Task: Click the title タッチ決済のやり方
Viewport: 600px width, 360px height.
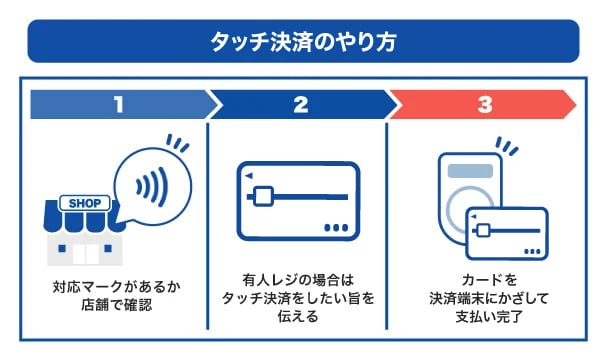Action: pyautogui.click(x=303, y=41)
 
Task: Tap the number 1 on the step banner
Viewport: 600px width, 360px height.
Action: pyautogui.click(x=119, y=104)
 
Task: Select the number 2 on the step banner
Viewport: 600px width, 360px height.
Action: pyautogui.click(x=301, y=104)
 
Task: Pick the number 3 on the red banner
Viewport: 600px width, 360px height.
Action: pyautogui.click(x=485, y=104)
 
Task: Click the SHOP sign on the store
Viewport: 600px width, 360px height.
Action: pyautogui.click(x=85, y=203)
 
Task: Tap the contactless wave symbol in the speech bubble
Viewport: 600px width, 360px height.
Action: pyautogui.click(x=152, y=187)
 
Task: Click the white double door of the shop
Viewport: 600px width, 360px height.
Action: pyautogui.click(x=86, y=254)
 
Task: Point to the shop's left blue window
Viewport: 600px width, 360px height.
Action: pyautogui.click(x=62, y=249)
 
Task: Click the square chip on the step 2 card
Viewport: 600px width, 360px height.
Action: pyautogui.click(x=263, y=197)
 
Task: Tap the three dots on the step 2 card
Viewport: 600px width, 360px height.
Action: pyautogui.click(x=336, y=228)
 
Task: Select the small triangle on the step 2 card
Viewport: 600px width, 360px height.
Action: pyautogui.click(x=249, y=176)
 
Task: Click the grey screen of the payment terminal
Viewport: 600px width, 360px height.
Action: pyautogui.click(x=470, y=171)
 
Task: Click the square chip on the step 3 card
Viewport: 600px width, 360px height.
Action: pyautogui.click(x=483, y=231)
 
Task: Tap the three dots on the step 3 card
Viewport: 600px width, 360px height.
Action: pyautogui.click(x=532, y=251)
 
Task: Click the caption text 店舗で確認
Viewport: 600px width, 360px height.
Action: pyautogui.click(x=117, y=305)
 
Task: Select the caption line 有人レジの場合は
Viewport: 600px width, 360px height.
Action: pyautogui.click(x=298, y=280)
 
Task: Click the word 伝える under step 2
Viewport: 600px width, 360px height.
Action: pyautogui.click(x=298, y=317)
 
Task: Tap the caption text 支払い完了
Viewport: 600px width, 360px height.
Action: pyautogui.click(x=489, y=317)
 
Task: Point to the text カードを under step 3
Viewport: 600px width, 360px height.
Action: pyautogui.click(x=489, y=280)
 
